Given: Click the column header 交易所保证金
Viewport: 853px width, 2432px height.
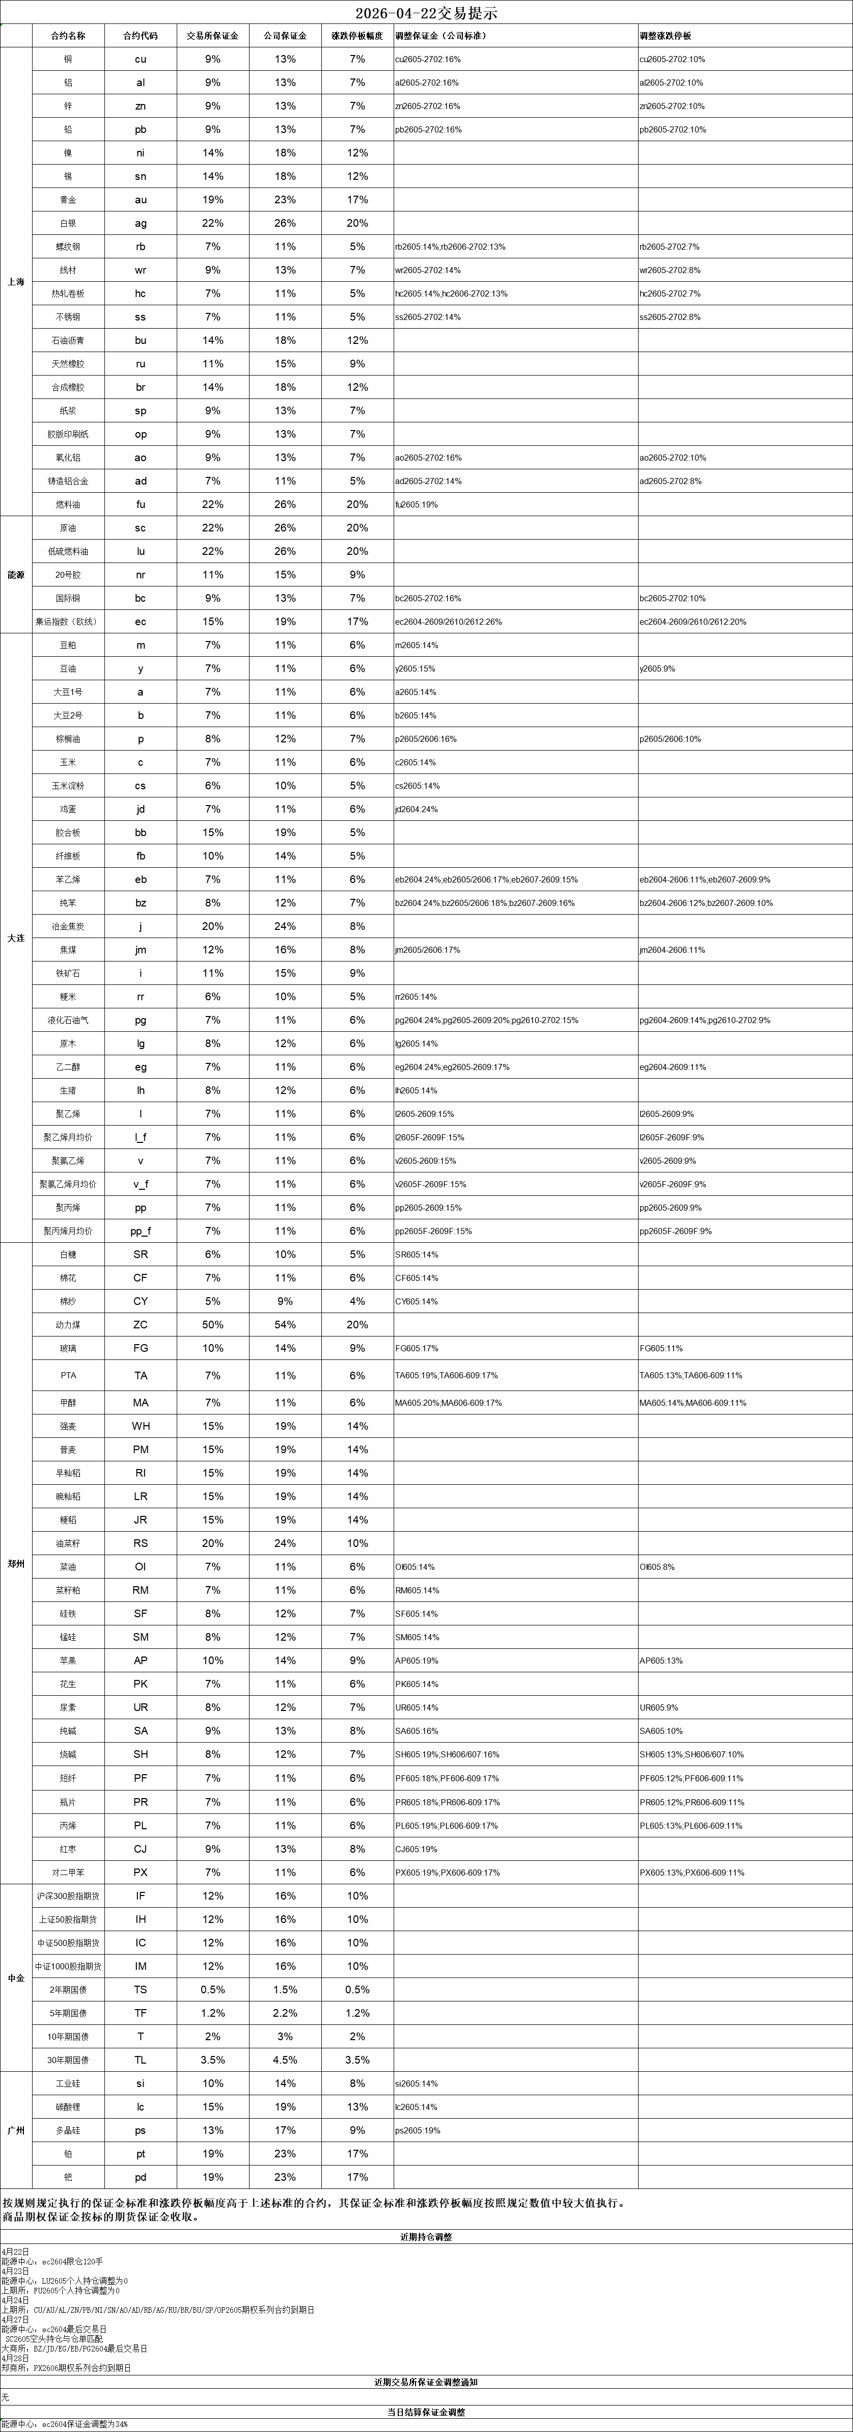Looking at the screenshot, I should tap(212, 36).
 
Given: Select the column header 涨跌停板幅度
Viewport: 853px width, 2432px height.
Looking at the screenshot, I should tap(356, 36).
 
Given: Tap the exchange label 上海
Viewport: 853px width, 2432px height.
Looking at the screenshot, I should tap(15, 281).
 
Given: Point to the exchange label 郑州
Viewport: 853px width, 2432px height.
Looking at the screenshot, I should tap(15, 1564).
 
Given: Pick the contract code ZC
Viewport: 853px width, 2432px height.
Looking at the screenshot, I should tap(141, 1325).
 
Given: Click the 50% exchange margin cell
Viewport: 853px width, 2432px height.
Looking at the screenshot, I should tap(212, 1325).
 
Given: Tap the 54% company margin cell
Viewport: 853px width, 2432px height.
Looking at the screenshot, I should tap(285, 1325).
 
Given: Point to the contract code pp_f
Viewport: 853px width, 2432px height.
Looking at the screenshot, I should tap(141, 1231).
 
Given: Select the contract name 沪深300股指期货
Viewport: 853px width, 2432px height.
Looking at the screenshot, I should tap(68, 1896).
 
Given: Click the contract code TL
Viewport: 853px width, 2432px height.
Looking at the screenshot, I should tap(141, 2060).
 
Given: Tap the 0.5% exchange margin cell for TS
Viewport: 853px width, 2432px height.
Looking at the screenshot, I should tap(212, 1989).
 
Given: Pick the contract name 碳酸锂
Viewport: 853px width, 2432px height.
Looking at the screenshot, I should tap(68, 2107).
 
